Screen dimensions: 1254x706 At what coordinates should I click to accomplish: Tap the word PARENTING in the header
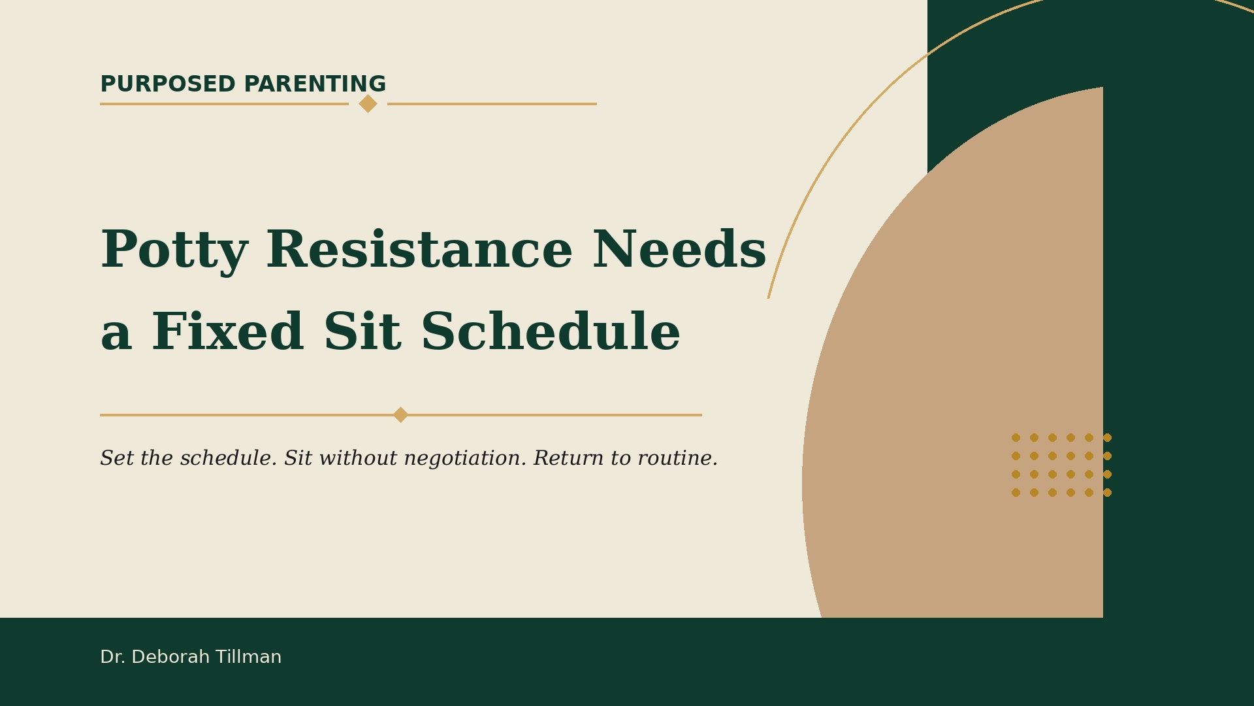coord(315,84)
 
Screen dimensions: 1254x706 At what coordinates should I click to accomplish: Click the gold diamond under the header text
coord(368,103)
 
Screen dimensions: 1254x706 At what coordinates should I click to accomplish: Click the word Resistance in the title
coord(419,250)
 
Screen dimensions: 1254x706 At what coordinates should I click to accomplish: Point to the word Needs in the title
coord(679,250)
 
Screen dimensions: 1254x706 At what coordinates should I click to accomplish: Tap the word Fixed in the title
coord(227,332)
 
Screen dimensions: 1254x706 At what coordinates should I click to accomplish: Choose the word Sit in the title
coord(362,332)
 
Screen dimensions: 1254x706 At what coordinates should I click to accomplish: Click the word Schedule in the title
coord(551,332)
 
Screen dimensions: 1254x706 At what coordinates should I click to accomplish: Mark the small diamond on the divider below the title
coord(400,415)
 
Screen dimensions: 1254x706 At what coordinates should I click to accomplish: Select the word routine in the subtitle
coord(677,459)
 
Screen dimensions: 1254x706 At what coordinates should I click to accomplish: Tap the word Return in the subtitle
coord(569,458)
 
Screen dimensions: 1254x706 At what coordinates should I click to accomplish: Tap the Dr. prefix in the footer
coord(113,657)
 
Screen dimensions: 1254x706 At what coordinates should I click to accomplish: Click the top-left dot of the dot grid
coord(1016,438)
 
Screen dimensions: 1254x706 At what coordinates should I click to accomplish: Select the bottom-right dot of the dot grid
coord(1107,493)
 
